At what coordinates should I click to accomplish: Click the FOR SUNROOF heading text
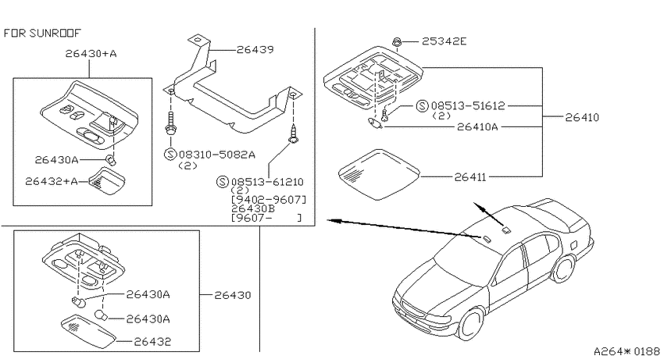click(x=42, y=33)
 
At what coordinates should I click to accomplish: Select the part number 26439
click(x=255, y=49)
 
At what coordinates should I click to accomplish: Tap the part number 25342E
click(x=444, y=41)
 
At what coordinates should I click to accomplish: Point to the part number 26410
click(x=582, y=117)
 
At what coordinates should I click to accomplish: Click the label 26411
click(x=470, y=177)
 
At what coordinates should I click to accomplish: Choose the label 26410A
click(x=477, y=126)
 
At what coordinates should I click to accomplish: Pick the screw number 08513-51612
click(x=468, y=105)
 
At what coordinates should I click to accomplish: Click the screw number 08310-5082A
click(x=217, y=155)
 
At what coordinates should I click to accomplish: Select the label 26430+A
click(x=91, y=54)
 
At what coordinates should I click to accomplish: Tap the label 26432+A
click(x=52, y=181)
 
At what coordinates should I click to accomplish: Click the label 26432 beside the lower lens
click(x=152, y=341)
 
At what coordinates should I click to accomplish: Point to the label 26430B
click(x=253, y=208)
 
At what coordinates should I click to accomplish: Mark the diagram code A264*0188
click(x=627, y=351)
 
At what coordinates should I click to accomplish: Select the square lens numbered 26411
click(x=379, y=174)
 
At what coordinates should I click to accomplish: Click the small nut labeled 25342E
click(x=397, y=42)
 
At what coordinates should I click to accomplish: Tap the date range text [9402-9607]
click(x=269, y=199)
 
